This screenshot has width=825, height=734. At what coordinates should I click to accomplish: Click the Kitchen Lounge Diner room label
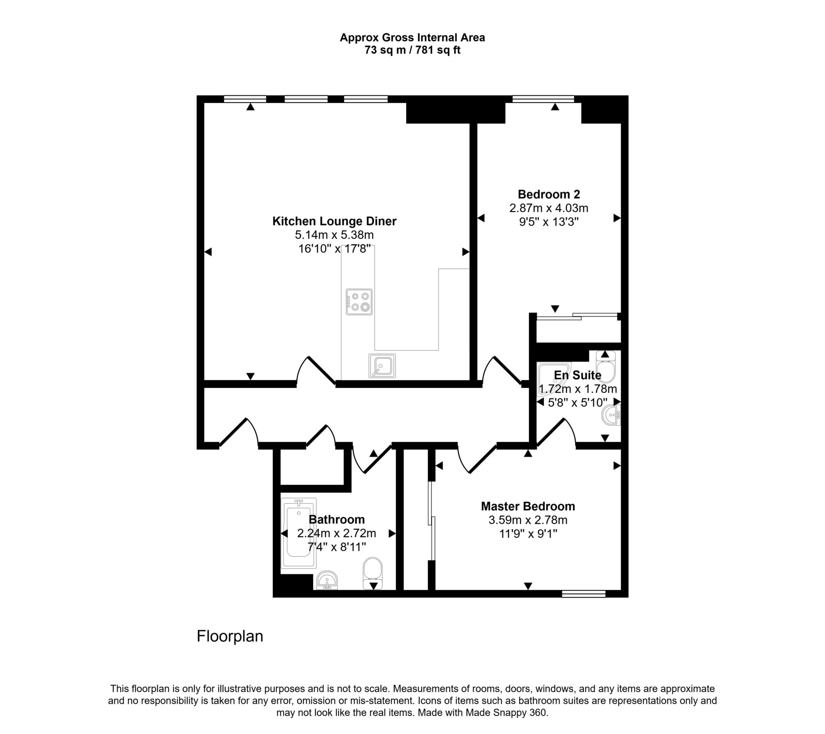(x=334, y=221)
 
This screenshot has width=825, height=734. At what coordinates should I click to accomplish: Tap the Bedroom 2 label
(x=549, y=194)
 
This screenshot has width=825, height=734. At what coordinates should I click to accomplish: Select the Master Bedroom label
(x=528, y=506)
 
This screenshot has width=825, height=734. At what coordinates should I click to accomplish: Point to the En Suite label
(x=578, y=375)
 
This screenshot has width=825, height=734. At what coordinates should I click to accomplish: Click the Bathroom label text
(x=337, y=519)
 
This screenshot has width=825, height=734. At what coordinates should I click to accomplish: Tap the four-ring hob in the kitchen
(x=359, y=302)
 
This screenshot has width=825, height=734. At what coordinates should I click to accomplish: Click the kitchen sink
(x=382, y=366)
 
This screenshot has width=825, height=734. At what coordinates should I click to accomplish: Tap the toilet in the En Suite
(x=605, y=366)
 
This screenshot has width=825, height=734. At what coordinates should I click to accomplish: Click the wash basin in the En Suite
(x=611, y=415)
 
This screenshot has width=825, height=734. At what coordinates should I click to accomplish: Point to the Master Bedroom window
(x=584, y=593)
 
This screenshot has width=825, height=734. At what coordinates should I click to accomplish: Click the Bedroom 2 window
(x=543, y=99)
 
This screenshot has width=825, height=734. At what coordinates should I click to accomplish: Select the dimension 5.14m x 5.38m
(x=334, y=235)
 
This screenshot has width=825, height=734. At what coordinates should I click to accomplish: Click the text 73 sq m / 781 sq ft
(x=412, y=50)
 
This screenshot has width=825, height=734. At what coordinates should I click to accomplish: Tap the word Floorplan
(x=230, y=636)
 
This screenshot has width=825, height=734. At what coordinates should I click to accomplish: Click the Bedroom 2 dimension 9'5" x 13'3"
(x=549, y=222)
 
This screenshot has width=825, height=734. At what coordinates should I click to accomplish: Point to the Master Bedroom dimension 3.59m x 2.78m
(x=528, y=520)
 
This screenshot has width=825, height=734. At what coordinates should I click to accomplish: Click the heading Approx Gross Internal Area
(x=412, y=37)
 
